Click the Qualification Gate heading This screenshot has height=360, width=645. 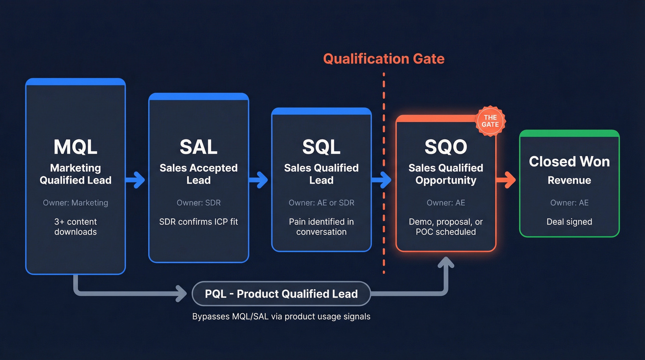click(383, 59)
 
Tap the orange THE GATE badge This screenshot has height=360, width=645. click(490, 121)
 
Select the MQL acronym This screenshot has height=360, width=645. click(76, 147)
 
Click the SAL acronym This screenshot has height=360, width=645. click(199, 147)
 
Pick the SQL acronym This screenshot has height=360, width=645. click(321, 147)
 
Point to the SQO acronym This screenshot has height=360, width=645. click(446, 147)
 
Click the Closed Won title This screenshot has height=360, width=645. click(569, 161)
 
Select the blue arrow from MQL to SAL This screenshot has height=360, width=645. click(136, 180)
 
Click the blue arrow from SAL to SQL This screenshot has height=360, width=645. click(259, 180)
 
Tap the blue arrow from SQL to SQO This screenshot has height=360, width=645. click(382, 180)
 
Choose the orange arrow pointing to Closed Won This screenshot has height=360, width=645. click(506, 180)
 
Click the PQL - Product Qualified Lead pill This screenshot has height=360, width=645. click(281, 294)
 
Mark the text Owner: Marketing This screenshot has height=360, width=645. click(76, 203)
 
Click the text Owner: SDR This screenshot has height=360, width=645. click(199, 203)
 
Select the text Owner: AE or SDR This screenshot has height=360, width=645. click(321, 203)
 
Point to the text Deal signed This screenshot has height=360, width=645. click(569, 222)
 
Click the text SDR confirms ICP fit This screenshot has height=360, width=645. click(199, 222)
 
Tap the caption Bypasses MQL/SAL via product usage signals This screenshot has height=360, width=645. click(281, 317)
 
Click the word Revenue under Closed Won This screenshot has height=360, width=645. click(569, 180)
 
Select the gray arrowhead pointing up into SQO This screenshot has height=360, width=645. click(446, 264)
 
